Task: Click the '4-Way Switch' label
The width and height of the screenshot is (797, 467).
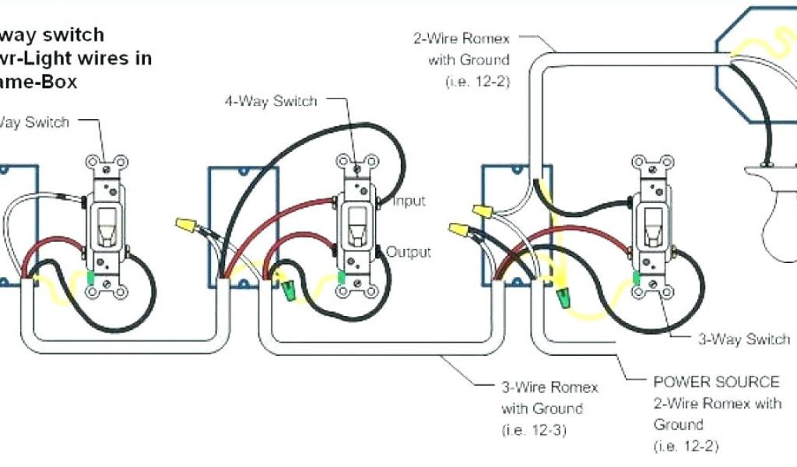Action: [x=271, y=101]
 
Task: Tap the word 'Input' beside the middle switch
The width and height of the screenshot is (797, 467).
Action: [x=409, y=202]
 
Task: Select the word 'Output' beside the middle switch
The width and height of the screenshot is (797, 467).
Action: [x=409, y=252]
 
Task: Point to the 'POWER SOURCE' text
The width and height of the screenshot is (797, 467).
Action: [x=716, y=382]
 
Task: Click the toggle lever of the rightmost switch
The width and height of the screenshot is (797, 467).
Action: [x=652, y=226]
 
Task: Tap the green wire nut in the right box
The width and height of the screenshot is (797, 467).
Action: [x=561, y=295]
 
